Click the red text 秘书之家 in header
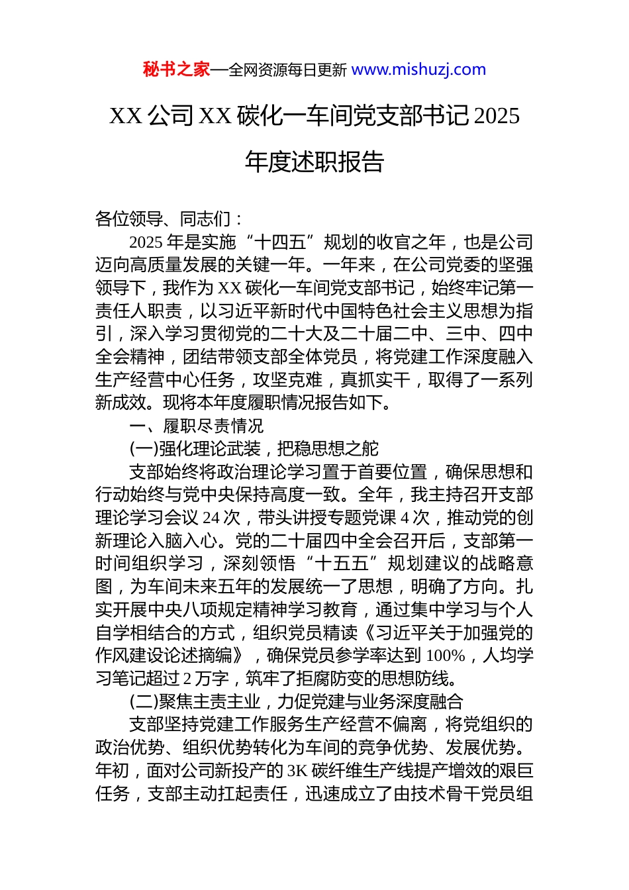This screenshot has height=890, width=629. point(176,70)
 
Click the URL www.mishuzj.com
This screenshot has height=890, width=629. point(418,70)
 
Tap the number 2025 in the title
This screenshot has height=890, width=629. point(497,117)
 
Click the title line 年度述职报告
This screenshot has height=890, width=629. point(314,162)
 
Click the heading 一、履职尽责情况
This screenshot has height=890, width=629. point(197,426)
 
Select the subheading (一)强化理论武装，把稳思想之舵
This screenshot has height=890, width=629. point(254,449)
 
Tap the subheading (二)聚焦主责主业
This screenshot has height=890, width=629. point(195,702)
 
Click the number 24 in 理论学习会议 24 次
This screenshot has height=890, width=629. point(211,518)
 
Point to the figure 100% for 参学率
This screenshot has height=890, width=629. point(445,656)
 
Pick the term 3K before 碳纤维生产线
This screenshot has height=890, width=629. point(297,771)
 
